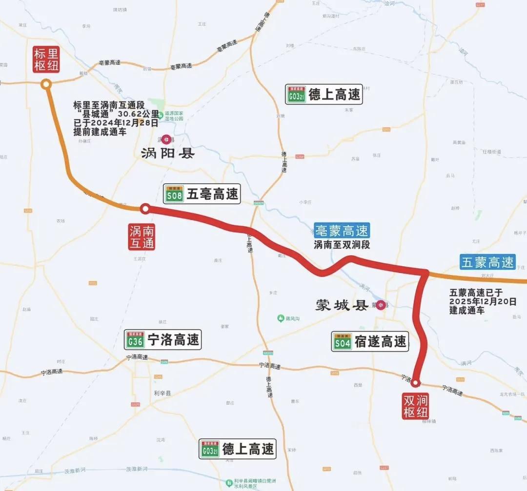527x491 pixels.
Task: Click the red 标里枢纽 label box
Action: tap(46, 59)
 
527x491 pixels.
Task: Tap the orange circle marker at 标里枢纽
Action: tap(46, 84)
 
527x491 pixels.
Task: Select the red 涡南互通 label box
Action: tap(142, 236)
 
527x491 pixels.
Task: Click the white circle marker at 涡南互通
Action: tap(145, 209)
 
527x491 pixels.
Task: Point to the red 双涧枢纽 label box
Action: tap(415, 406)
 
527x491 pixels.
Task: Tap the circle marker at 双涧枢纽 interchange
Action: tap(416, 383)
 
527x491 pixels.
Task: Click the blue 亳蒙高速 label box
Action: tap(342, 230)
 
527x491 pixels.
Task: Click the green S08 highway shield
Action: tap(174, 194)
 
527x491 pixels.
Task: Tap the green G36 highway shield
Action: tap(135, 339)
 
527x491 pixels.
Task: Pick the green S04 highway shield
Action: tap(343, 342)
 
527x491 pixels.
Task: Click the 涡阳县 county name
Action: tap(167, 154)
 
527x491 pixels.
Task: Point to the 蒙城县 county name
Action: tap(340, 306)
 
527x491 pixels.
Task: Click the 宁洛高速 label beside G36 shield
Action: tap(173, 339)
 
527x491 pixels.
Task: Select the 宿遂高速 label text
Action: tap(380, 342)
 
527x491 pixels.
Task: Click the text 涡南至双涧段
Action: tap(342, 245)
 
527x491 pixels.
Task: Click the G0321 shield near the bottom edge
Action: tap(210, 449)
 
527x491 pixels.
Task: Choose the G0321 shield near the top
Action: tap(297, 94)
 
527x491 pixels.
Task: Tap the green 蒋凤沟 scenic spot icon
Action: tap(281, 318)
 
